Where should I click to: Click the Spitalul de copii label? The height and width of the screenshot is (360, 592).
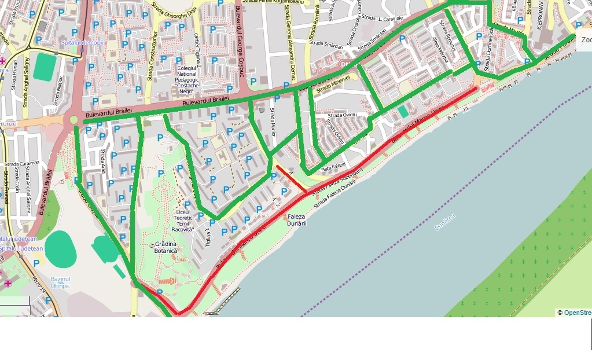[82, 43]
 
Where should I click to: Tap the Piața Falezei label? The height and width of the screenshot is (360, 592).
[333, 167]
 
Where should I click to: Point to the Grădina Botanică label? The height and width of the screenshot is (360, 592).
[166, 247]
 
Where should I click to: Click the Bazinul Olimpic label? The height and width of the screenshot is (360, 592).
[60, 282]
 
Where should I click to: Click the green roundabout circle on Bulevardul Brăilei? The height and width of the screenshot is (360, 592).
[73, 120]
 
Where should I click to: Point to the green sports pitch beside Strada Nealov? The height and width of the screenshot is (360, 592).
[45, 67]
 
